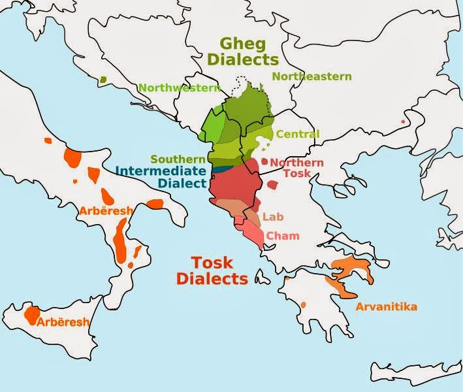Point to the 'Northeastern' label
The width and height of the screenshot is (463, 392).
pyautogui.click(x=311, y=76)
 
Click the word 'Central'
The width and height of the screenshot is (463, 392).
pyautogui.click(x=298, y=135)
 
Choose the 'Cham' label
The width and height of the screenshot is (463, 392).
pyautogui.click(x=283, y=235)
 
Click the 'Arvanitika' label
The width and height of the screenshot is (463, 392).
pyautogui.click(x=386, y=306)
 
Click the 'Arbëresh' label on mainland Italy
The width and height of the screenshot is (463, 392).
pyautogui.click(x=106, y=211)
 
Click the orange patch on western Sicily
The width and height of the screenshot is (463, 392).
pyautogui.click(x=31, y=315)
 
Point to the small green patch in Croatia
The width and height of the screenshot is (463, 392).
pyautogui.click(x=103, y=80)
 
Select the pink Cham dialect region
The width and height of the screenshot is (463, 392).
pyautogui.click(x=252, y=233)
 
